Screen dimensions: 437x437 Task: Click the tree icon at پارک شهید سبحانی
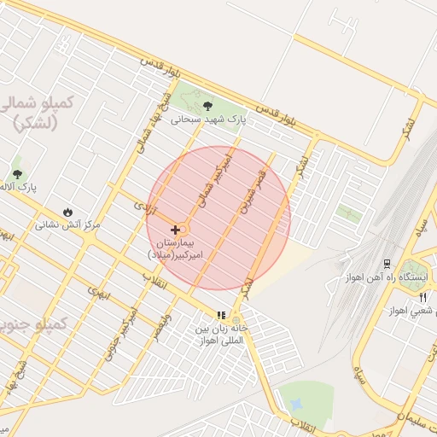click(x=208, y=106)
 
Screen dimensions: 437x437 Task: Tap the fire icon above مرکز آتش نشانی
click(x=67, y=212)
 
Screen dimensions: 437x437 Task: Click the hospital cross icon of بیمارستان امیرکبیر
click(x=176, y=230)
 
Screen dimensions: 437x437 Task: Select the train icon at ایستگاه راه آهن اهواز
click(x=387, y=263)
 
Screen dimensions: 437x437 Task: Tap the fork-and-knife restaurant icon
click(x=423, y=297)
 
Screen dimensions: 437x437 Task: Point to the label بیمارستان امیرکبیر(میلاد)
click(x=178, y=249)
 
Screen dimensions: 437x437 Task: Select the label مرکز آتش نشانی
click(x=67, y=226)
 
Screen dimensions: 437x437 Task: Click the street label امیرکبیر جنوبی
click(x=119, y=334)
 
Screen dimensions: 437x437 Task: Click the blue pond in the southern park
click(x=297, y=402)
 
